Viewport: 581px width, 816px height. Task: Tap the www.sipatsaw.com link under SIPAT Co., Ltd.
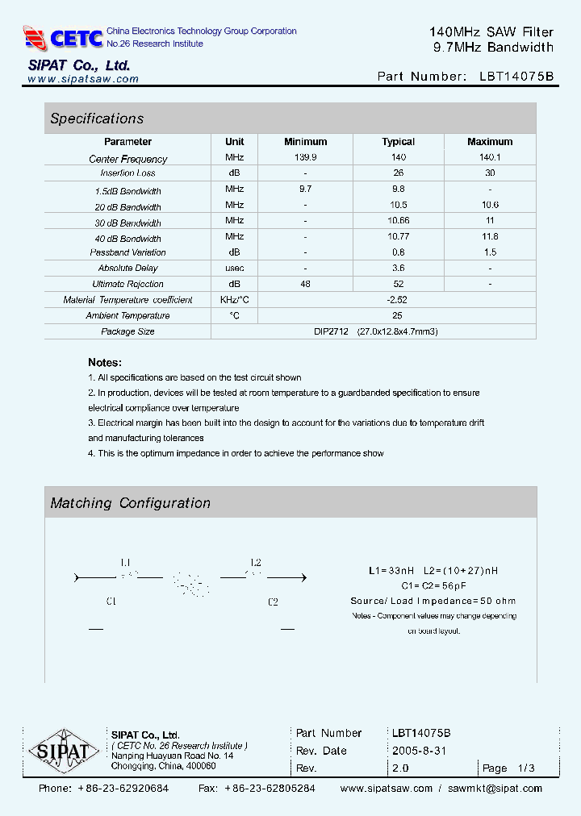83,79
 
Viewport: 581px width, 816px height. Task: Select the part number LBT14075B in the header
516,77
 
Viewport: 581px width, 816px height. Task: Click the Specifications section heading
97,119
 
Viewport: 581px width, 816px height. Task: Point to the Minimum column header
305,142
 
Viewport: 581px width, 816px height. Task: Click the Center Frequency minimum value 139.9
305,158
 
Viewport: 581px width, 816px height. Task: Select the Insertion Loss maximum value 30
489,173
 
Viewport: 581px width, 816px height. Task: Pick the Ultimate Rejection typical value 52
398,284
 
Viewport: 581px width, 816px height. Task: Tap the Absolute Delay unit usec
235,268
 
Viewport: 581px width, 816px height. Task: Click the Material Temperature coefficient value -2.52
398,300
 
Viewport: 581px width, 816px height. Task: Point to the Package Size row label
127,331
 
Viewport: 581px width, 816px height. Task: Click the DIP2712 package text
331,331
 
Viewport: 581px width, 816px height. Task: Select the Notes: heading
105,363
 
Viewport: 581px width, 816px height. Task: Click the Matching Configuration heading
130,503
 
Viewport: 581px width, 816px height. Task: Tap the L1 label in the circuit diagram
126,562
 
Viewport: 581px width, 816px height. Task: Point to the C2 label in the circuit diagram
273,602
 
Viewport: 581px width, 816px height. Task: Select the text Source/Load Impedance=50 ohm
433,601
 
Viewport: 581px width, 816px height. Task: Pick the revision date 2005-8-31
419,751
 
